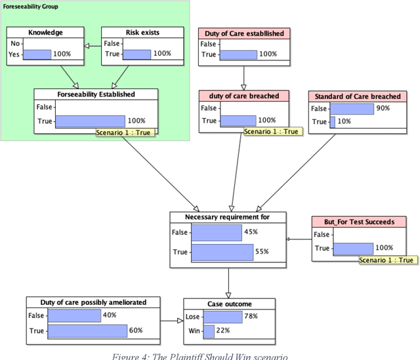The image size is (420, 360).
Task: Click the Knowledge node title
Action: point(45,32)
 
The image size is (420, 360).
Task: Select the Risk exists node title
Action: point(142,32)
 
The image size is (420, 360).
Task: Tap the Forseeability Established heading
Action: point(96,94)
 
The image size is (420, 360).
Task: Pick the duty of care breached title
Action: point(244,96)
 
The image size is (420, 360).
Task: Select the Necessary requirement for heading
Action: point(228,216)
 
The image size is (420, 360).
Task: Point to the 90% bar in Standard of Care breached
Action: point(351,109)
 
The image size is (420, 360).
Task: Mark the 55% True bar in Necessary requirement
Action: point(222,252)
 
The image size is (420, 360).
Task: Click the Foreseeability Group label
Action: point(31,7)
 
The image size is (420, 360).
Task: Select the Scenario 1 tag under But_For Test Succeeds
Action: point(387,260)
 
